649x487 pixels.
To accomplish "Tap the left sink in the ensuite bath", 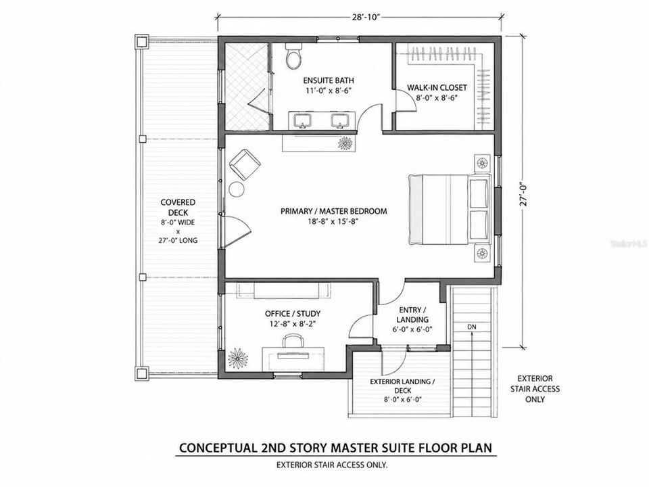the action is pos(303,120).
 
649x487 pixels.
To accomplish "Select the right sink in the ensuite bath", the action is pos(341,120).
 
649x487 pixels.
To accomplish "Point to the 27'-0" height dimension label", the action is pos(525,193).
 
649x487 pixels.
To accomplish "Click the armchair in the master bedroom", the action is pos(245,164).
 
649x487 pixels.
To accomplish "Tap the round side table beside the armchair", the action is pos(237,189).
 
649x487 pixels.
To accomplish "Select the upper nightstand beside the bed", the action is pos(482,162).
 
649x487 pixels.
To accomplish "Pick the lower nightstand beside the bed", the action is pos(482,254).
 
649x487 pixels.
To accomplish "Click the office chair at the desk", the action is pos(293,342).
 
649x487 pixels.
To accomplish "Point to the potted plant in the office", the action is pos(237,358).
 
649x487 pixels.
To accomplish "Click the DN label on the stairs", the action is pos(472,327).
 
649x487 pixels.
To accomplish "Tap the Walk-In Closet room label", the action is pos(437,87).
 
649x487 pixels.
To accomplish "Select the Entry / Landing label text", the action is pos(412,315).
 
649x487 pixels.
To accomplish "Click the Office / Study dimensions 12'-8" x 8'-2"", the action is pos(293,324).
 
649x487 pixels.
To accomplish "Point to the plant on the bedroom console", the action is pos(345,143).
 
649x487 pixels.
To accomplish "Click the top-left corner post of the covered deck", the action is pos(141,42).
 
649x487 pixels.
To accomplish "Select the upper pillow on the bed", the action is pos(479,193).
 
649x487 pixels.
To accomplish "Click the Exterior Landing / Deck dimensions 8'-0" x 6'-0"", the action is pos(403,400).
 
